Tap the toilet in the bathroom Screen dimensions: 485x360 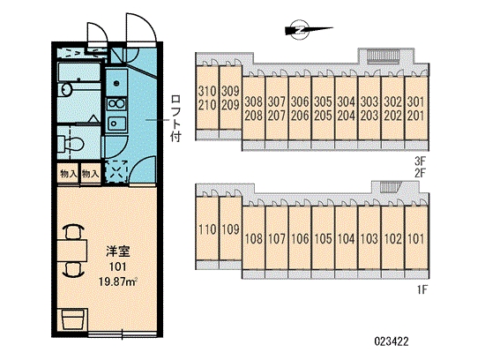pos(71,144)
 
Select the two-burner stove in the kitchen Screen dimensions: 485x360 pos(116,103)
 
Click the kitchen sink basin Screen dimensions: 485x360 pos(116,124)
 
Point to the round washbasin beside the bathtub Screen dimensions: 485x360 pos(66,89)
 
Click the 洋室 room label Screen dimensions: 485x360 pos(118,252)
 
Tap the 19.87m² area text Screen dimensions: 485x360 pos(118,281)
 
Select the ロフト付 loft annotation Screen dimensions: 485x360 pos(175,118)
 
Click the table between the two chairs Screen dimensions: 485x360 pos(72,251)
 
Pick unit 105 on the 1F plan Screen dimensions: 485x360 pos(323,238)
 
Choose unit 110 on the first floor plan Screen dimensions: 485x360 pos(207,229)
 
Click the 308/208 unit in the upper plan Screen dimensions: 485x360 pos(253,109)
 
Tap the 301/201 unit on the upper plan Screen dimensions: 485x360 pos(416,109)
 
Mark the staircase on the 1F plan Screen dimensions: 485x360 pos(391,187)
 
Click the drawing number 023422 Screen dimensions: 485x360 pos(392,341)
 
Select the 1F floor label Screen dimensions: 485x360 pos(422,289)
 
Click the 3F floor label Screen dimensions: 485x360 pos(421,161)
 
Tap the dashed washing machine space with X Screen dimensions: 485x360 pos(116,171)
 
